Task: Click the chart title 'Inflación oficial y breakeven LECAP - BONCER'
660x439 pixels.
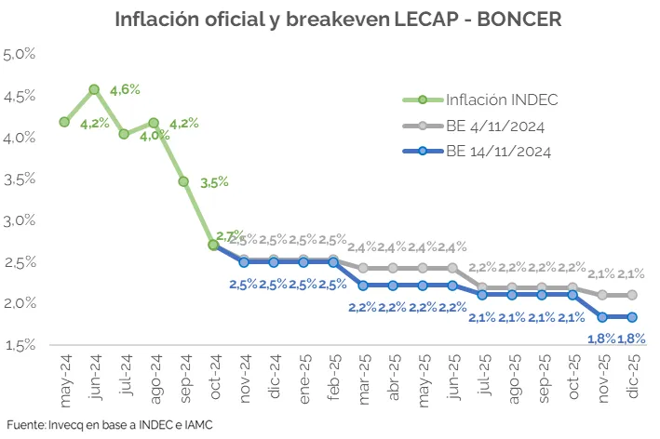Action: (339, 19)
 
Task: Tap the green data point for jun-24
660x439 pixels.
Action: (94, 89)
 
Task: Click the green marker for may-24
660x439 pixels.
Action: (64, 122)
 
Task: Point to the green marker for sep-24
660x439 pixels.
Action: (183, 181)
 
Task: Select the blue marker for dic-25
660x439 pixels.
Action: (632, 317)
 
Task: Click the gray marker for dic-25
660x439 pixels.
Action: (632, 295)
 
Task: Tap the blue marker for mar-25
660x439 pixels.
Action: (363, 286)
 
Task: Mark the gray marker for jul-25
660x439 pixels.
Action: (482, 287)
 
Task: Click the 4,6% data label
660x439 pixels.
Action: (125, 89)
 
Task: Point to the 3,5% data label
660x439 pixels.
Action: (214, 182)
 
